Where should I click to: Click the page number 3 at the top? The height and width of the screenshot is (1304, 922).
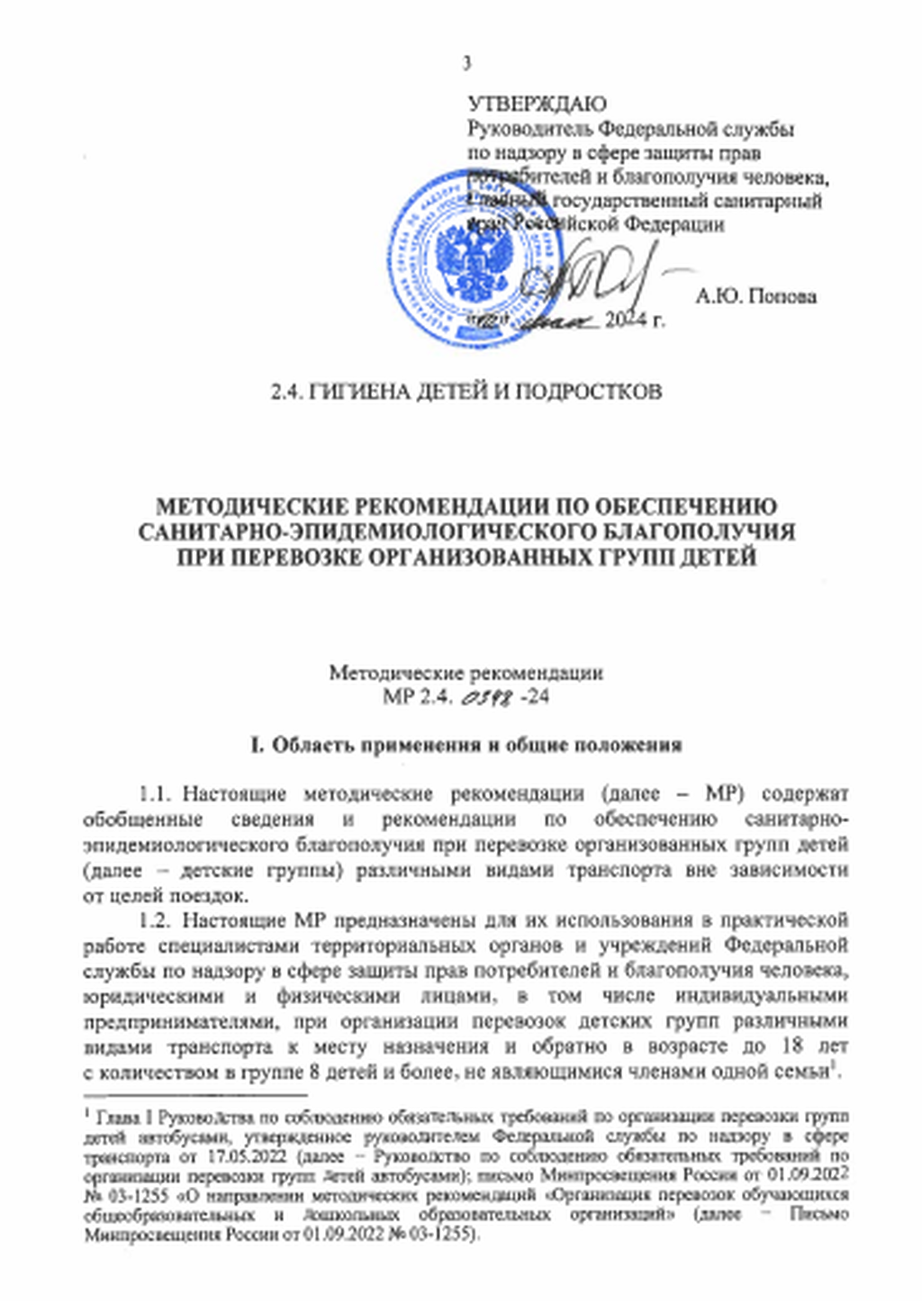[466, 63]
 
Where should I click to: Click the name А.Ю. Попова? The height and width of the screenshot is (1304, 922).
[756, 296]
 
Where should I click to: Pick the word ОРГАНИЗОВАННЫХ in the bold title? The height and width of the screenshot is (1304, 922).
[468, 557]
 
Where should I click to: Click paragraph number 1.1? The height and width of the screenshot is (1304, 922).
[155, 795]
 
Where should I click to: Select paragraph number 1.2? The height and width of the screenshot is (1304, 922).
[155, 920]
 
